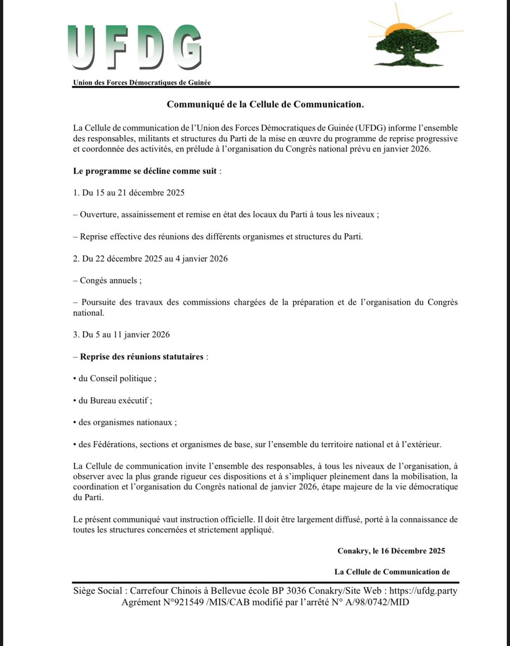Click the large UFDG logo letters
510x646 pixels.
click(134, 48)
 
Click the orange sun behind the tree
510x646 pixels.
click(399, 28)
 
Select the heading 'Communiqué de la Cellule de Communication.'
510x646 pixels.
click(266, 104)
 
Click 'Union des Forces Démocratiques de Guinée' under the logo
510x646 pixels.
click(142, 82)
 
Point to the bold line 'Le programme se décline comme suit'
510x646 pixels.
click(145, 171)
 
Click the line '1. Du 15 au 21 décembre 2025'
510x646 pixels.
click(129, 192)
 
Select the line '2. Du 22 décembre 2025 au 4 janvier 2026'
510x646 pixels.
click(150, 258)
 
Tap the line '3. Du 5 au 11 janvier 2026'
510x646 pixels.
click(122, 334)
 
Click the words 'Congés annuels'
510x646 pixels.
click(110, 281)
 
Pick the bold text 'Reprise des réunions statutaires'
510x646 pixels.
click(142, 356)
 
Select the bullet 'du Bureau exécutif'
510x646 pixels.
click(115, 400)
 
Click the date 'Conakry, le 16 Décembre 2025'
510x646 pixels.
click(391, 551)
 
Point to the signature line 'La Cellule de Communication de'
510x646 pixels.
click(392, 572)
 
